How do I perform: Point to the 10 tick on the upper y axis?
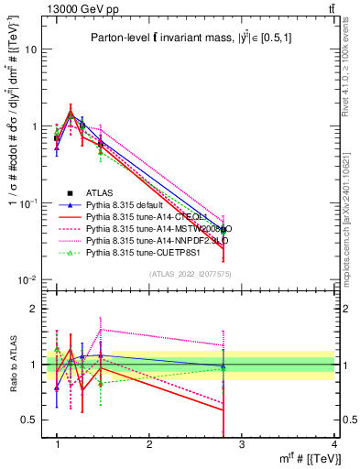coord(29,49)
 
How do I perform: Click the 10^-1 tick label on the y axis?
coord(27,203)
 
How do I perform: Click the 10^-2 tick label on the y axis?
coord(27,279)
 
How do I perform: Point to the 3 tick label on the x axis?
coord(241,443)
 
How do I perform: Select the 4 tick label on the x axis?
coord(334,443)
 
